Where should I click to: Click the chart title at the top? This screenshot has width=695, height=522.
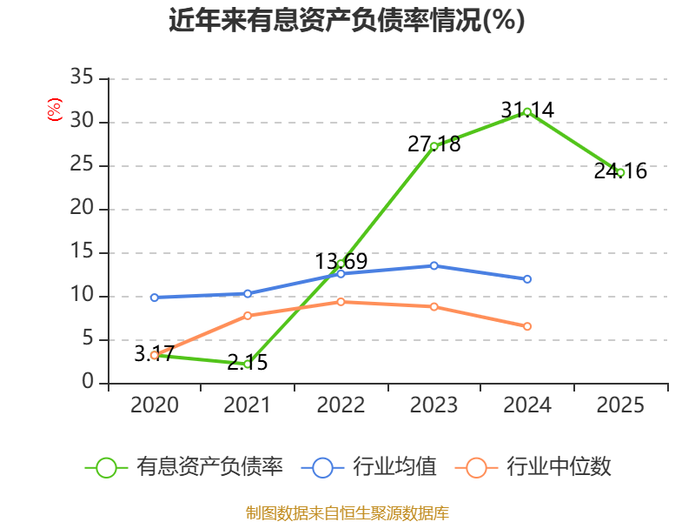(347, 20)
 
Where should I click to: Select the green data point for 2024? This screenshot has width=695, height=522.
(527, 112)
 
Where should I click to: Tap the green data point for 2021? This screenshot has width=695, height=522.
(248, 365)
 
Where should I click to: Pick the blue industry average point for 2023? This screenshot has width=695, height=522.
(434, 266)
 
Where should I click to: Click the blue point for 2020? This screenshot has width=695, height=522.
(155, 298)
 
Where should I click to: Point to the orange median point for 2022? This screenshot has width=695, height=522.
(341, 302)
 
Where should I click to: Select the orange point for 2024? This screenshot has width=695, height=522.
(527, 327)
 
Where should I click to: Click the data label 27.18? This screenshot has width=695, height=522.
(434, 144)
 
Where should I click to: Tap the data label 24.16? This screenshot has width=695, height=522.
(620, 171)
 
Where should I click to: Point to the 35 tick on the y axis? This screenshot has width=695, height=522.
(82, 77)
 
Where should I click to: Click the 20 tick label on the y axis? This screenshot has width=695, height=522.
(82, 207)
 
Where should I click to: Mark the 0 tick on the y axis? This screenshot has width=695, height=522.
(88, 381)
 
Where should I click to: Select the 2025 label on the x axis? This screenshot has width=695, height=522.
(620, 405)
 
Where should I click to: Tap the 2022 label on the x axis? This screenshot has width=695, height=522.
(341, 405)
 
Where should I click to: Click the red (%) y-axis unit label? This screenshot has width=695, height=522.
(55, 110)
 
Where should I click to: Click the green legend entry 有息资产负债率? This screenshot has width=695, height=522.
(184, 467)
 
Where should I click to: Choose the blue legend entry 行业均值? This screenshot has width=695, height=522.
(368, 467)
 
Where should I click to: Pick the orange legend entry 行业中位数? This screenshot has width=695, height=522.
(533, 467)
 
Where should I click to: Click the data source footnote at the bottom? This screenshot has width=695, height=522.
(347, 513)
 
